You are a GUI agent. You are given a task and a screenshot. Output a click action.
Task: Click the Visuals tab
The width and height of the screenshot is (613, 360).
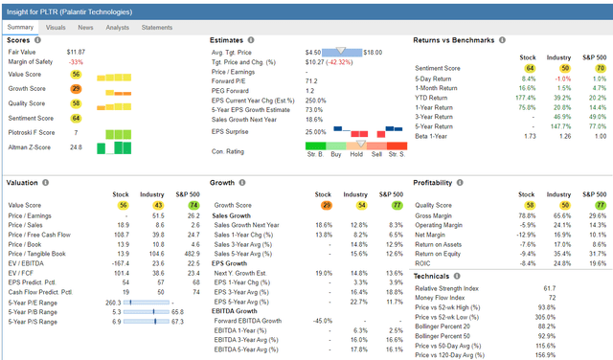(x=56, y=28)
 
